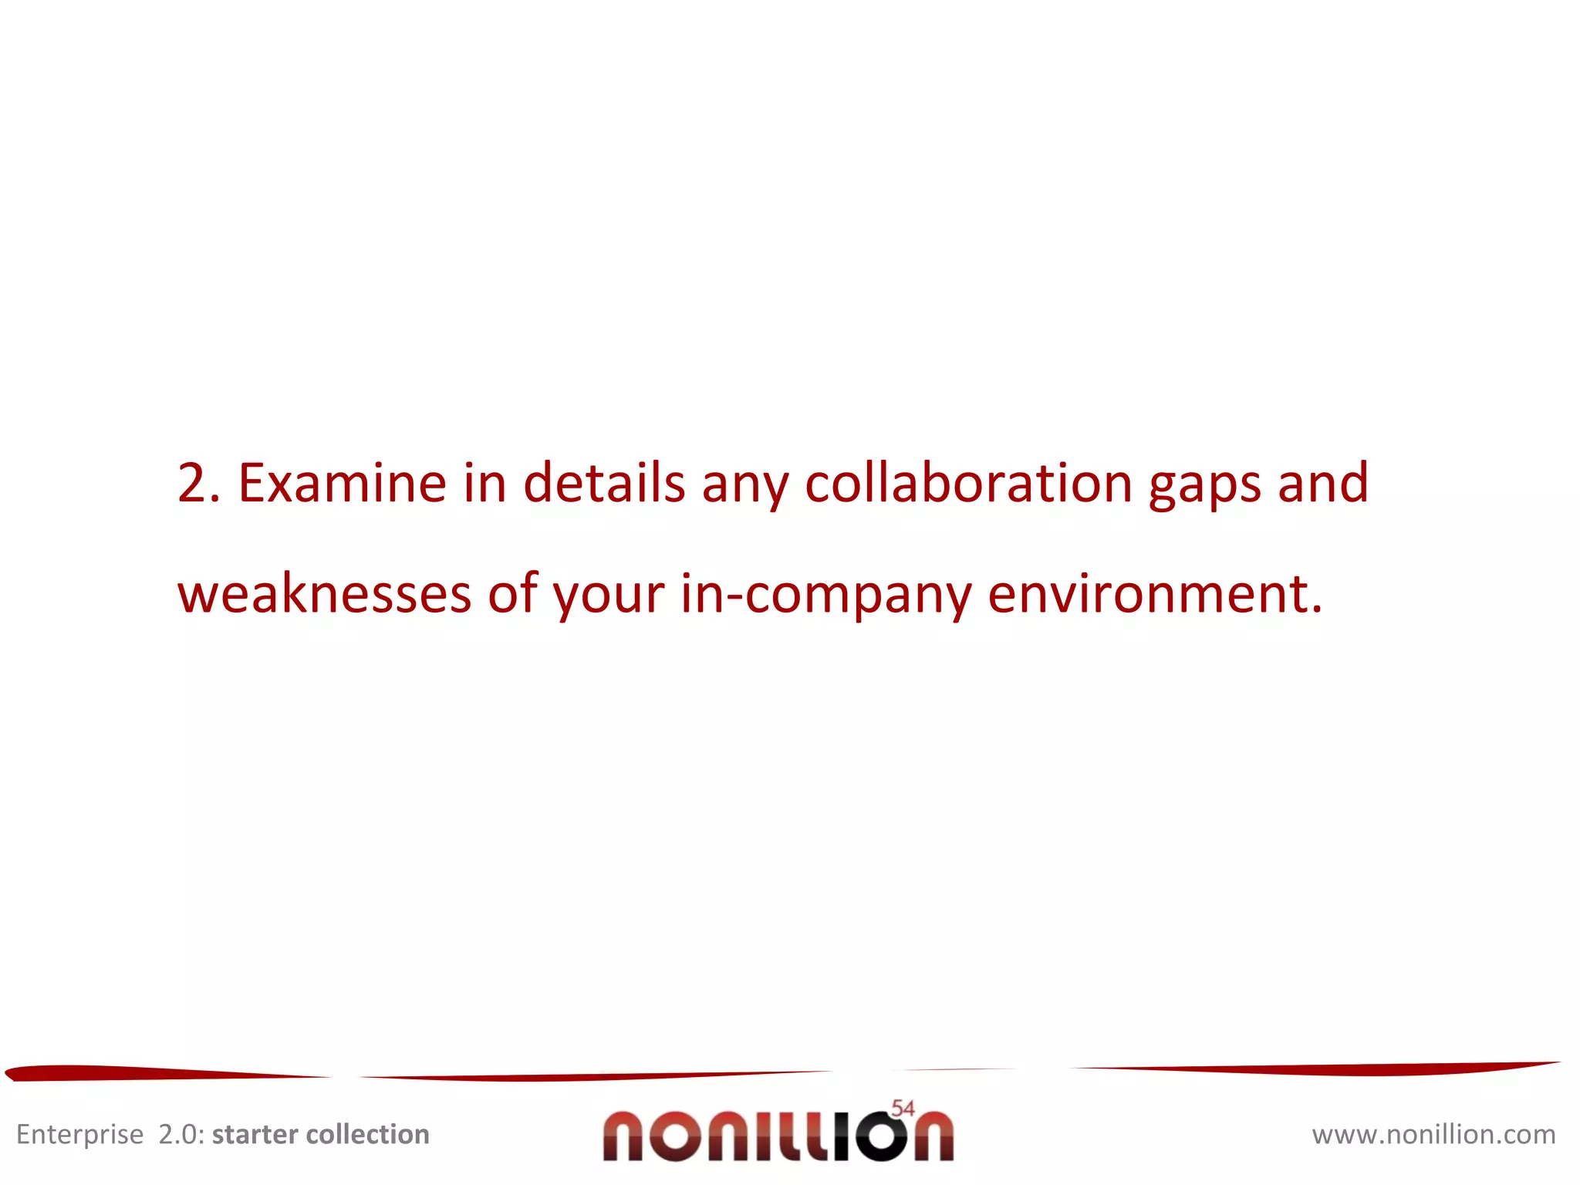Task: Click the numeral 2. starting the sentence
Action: point(198,484)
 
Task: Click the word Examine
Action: point(342,484)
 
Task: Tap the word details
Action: point(604,484)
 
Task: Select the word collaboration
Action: point(968,484)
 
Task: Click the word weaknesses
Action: point(324,594)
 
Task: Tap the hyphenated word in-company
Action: point(825,596)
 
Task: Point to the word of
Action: point(512,594)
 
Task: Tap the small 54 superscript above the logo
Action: point(903,1108)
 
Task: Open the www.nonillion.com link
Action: point(1433,1134)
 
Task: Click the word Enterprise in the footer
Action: point(79,1135)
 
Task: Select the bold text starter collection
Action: point(320,1134)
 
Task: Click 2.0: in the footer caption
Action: point(181,1134)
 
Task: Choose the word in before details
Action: point(484,484)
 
